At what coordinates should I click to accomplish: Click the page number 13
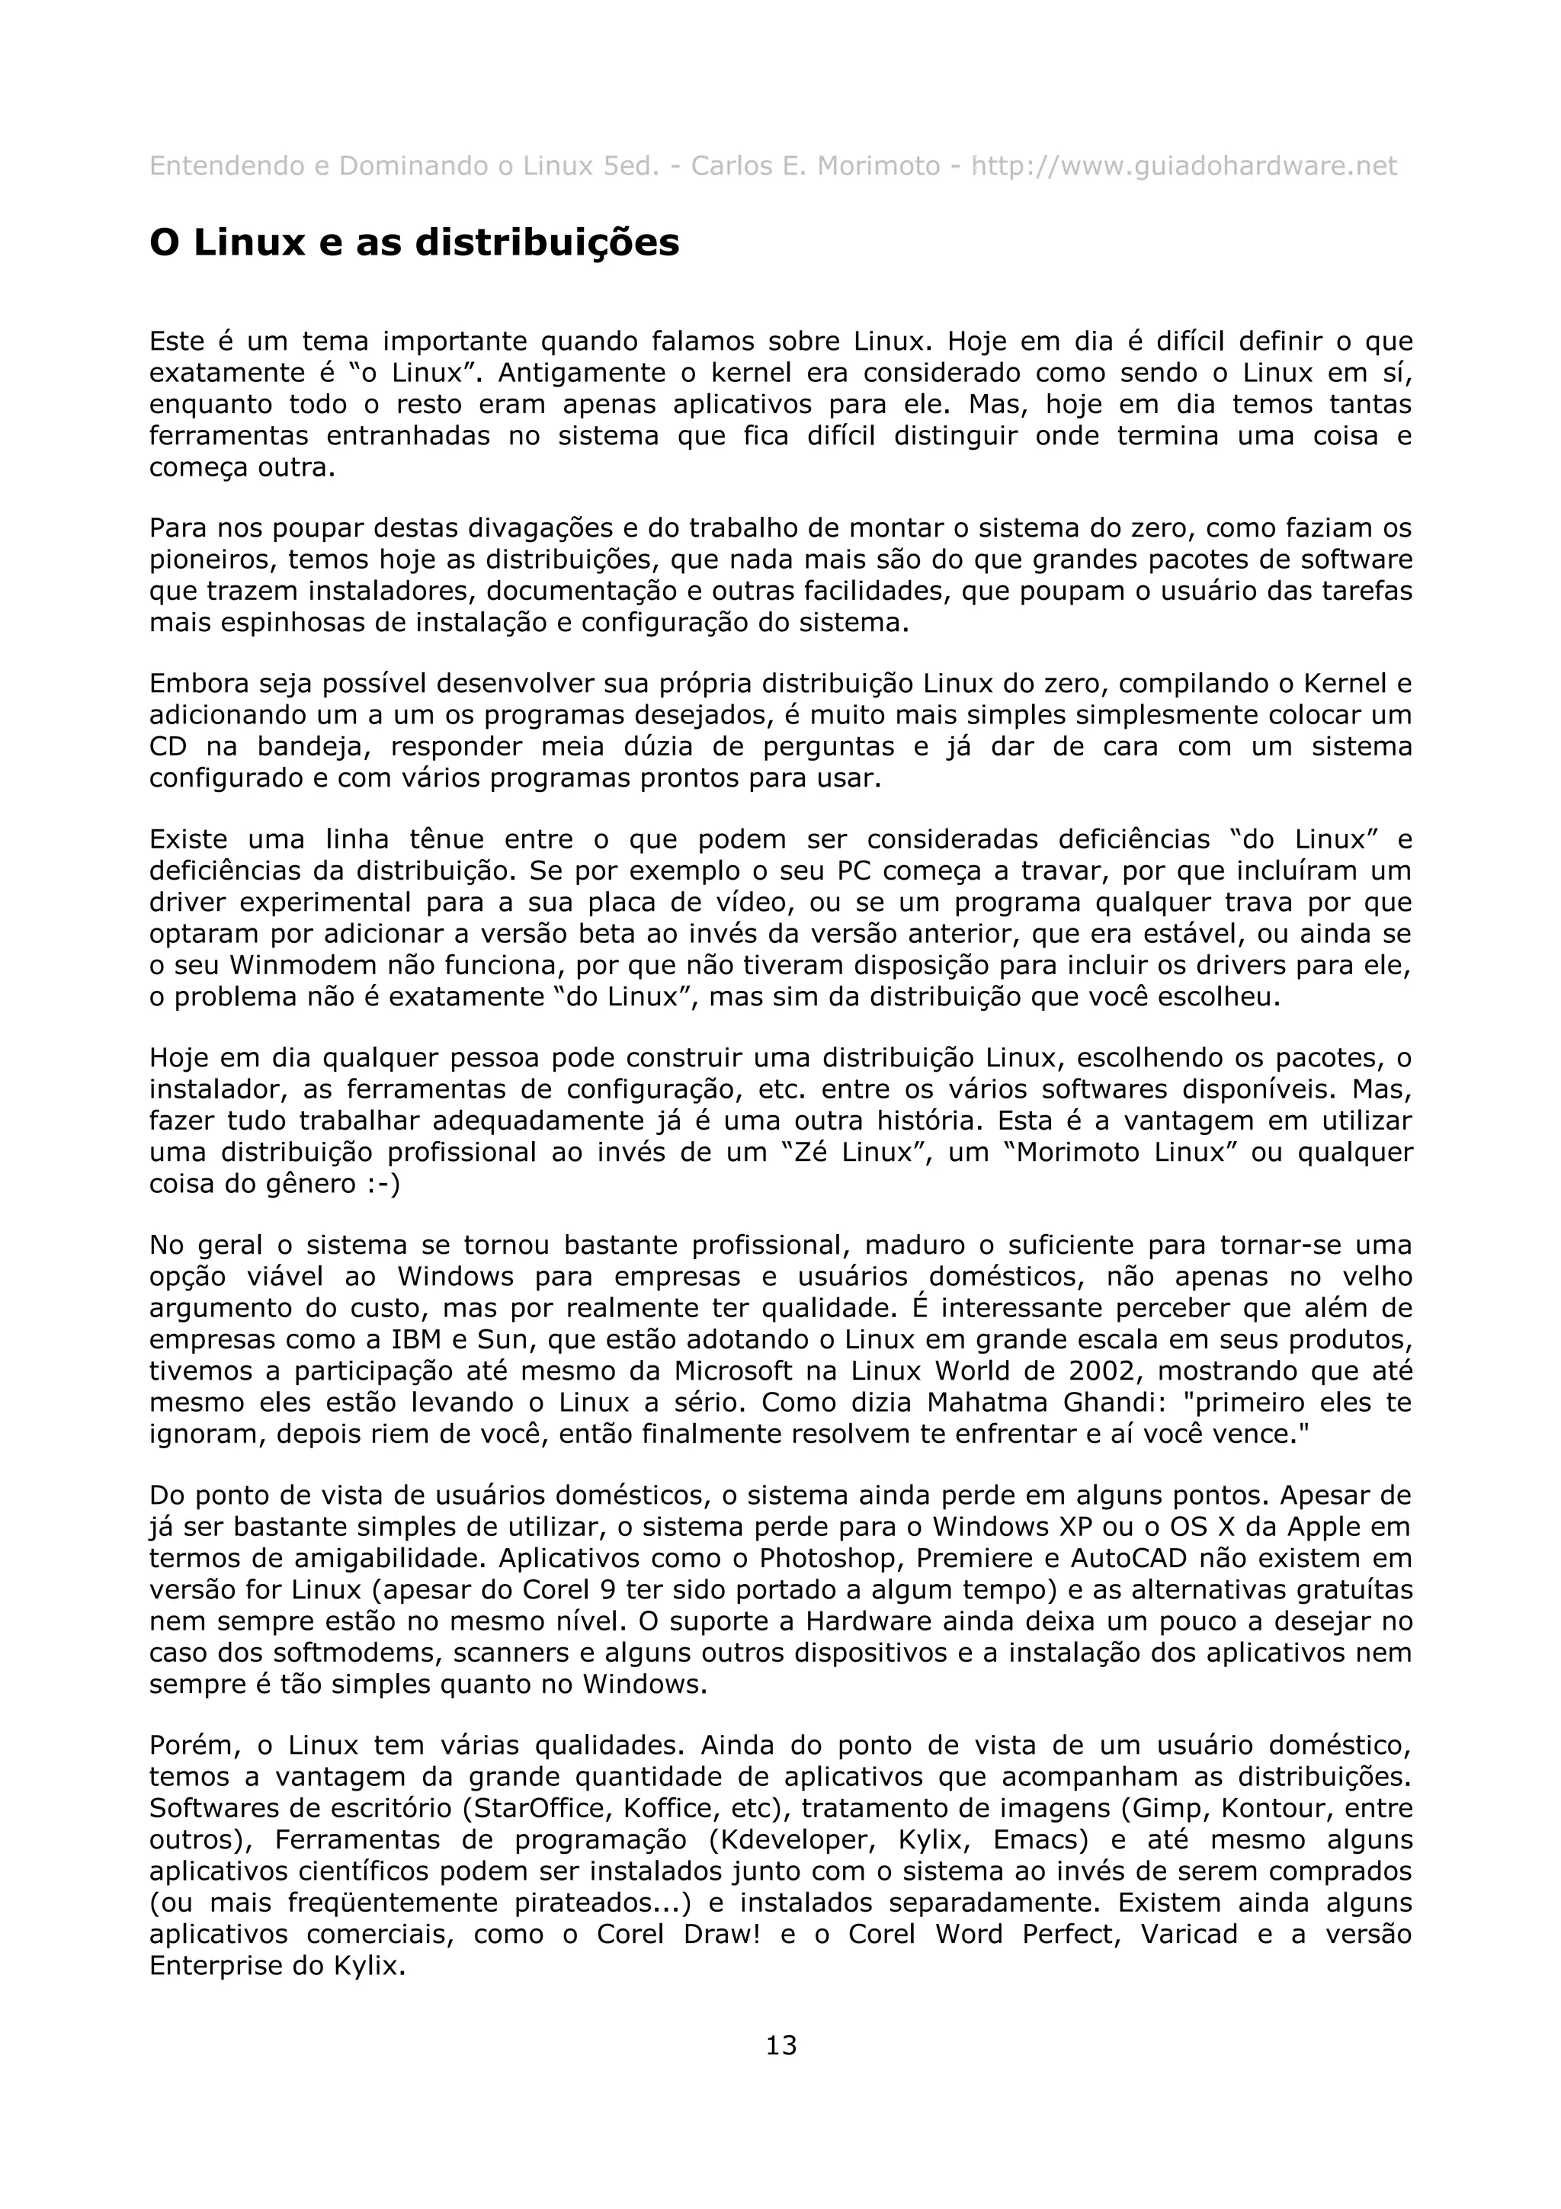pyautogui.click(x=780, y=2044)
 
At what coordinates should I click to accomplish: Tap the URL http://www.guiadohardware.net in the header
pyautogui.click(x=1183, y=166)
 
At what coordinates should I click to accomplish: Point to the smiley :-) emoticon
pyautogui.click(x=383, y=1183)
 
